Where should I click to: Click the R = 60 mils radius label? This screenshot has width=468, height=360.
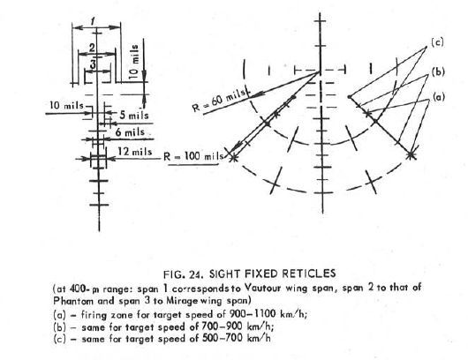coord(220,100)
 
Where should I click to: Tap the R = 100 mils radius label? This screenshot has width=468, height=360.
coord(193,156)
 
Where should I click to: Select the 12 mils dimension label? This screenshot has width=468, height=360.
coord(134,152)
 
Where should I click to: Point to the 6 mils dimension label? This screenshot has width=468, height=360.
coord(130,132)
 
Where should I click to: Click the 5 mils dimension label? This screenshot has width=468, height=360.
coord(134,115)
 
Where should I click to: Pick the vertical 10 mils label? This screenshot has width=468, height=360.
coord(134,61)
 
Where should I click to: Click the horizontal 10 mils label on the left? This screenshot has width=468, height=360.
coord(66,105)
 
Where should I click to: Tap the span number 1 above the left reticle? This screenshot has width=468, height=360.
coord(93,21)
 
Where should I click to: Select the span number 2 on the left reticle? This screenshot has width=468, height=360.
coord(92,48)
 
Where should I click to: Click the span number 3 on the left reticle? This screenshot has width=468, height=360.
coord(94,64)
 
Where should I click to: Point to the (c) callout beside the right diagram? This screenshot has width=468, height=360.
coord(437,42)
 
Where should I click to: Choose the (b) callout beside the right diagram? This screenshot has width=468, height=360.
coord(438,71)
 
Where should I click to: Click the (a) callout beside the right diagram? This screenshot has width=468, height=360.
coord(439,97)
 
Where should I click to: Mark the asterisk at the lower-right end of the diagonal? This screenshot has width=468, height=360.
coord(411,155)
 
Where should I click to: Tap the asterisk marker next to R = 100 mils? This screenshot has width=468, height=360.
coord(234,158)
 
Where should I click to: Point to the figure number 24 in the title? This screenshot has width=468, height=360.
coord(196,274)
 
